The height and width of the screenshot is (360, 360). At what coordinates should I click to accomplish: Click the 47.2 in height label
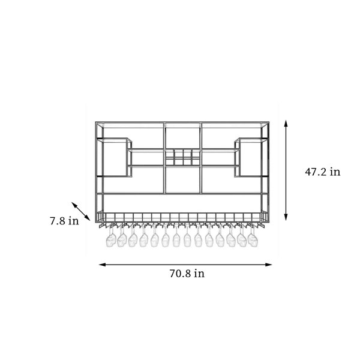(323, 172)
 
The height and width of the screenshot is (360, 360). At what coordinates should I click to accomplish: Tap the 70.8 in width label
(187, 274)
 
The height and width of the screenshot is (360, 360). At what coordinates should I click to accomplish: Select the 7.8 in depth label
(64, 221)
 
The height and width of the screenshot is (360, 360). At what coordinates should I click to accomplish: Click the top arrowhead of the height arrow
(286, 123)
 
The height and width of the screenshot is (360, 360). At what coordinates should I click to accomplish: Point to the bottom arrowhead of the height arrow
(286, 217)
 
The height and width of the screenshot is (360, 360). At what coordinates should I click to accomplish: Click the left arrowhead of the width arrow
(102, 265)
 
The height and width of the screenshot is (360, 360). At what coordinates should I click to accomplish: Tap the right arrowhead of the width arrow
(269, 265)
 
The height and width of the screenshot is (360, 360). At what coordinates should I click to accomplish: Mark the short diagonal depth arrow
(81, 211)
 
